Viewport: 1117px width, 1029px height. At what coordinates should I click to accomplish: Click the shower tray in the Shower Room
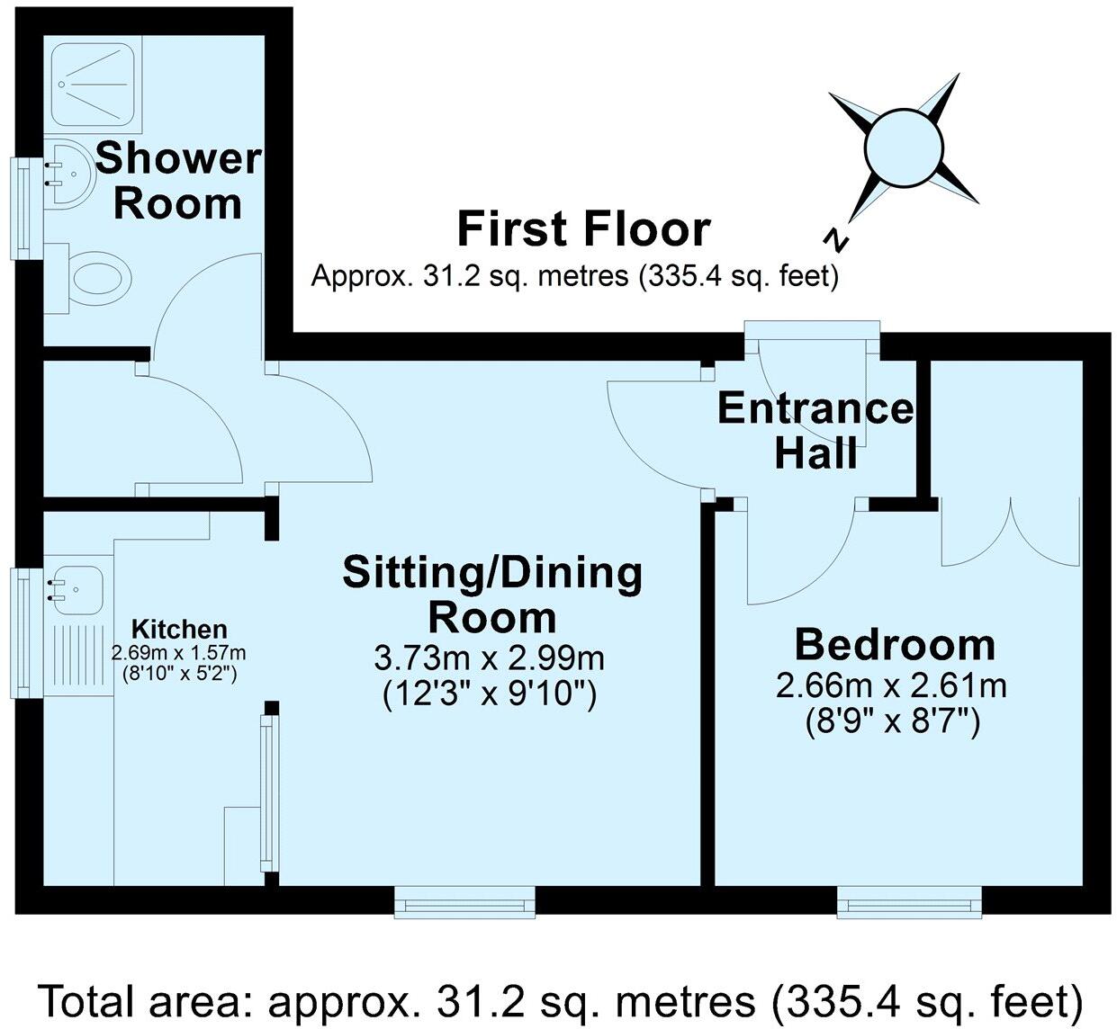(94, 85)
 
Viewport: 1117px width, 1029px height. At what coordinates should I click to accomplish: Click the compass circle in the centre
(903, 147)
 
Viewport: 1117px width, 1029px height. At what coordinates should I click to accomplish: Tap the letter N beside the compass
(838, 239)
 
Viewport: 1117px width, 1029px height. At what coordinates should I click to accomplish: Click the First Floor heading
(583, 228)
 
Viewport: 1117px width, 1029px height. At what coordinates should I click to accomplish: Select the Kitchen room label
(179, 629)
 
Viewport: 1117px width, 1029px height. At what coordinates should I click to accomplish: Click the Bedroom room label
(894, 645)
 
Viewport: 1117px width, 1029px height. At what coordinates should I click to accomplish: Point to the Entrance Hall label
(815, 431)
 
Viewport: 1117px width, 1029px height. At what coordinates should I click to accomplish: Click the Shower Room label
(178, 181)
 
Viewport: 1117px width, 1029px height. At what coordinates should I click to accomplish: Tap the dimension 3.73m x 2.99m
(489, 658)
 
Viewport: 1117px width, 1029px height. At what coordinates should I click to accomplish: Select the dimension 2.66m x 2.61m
(891, 686)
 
